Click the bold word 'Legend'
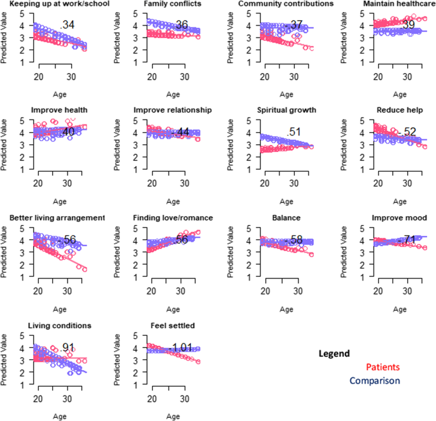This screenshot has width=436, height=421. [334, 354]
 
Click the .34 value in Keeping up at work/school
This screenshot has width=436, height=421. [67, 25]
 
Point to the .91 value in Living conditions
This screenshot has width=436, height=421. [68, 348]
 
